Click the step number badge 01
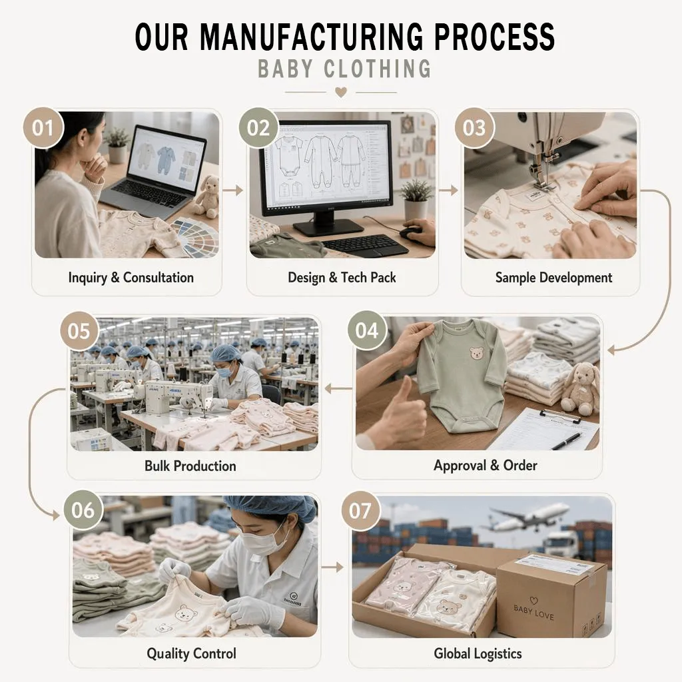point(43,128)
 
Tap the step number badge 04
point(368,330)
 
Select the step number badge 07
point(360,511)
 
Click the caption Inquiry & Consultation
point(131,278)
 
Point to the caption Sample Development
point(553,278)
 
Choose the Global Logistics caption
point(478,653)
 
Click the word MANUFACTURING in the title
point(311,36)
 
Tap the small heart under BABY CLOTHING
point(341,92)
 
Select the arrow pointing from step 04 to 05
point(338,388)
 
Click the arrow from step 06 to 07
point(333,567)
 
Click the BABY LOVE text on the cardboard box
point(533,612)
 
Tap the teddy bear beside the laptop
point(206,196)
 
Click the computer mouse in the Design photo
point(412,232)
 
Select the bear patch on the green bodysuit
point(477,353)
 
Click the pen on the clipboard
point(566,441)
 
